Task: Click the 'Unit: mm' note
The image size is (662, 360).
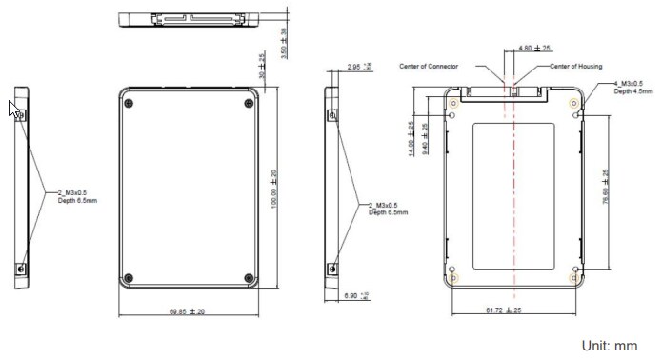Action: click(610, 346)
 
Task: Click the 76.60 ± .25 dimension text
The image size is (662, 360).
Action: click(606, 187)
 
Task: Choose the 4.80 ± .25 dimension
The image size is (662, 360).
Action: click(534, 48)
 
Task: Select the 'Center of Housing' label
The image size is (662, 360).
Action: click(577, 67)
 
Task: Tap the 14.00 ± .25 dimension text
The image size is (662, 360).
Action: click(411, 139)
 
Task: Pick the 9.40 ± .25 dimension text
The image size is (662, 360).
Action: click(424, 139)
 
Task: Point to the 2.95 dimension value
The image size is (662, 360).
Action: click(355, 67)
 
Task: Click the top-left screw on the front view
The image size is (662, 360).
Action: click(130, 103)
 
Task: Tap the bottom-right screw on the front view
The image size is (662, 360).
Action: click(250, 278)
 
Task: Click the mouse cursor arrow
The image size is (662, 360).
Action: click(14, 108)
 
